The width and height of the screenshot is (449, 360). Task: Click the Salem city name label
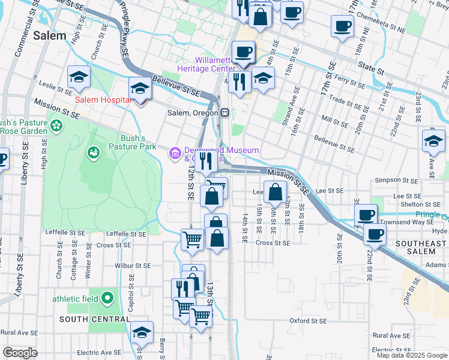(50, 35)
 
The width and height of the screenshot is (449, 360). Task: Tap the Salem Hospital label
(103, 99)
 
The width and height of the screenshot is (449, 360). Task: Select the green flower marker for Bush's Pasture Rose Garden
(56, 126)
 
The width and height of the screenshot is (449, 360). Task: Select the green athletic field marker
(107, 297)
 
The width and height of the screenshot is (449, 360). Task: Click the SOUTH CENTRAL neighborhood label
(94, 319)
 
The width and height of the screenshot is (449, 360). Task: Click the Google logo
(20, 352)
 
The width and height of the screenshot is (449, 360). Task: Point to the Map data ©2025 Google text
(412, 355)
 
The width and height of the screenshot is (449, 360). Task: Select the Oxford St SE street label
(307, 321)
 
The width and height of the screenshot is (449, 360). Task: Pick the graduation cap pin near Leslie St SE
(79, 77)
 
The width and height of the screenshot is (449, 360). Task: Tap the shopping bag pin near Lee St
(275, 193)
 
